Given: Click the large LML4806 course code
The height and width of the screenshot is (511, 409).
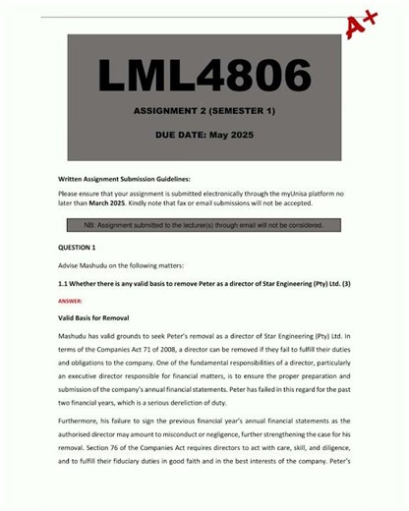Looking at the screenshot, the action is pos(204,76).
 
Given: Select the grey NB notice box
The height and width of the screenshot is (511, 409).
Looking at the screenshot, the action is pos(204,225).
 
